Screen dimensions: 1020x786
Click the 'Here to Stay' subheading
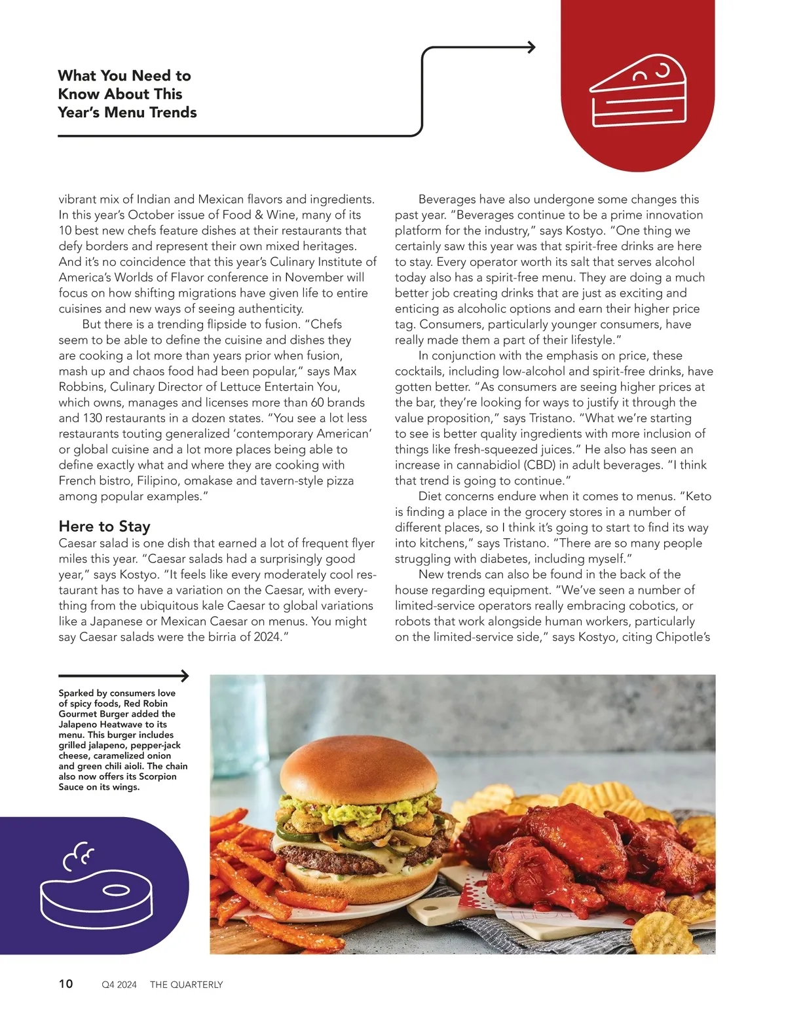pos(104,526)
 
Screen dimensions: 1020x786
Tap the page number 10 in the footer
pos(66,983)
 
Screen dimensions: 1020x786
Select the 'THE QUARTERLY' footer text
pos(186,984)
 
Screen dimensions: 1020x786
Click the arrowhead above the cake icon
pos(531,47)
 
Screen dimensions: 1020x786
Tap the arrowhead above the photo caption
pos(185,676)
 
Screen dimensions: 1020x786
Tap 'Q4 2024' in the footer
pos(119,984)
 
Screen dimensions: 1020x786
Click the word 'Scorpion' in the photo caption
pos(157,776)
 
